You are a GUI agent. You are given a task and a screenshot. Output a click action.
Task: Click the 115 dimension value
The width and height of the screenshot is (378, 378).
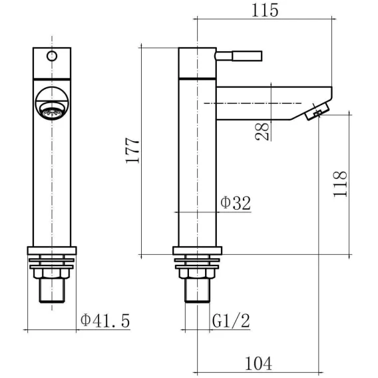click(x=265, y=11)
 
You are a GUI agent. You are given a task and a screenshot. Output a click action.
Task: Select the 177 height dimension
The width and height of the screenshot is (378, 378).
click(x=132, y=150)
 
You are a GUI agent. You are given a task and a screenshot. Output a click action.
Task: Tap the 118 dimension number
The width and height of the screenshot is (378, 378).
click(x=340, y=184)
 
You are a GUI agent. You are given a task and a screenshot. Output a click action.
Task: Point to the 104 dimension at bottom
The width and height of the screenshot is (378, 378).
click(x=258, y=363)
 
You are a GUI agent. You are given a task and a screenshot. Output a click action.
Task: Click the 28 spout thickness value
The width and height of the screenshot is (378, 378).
click(x=262, y=131)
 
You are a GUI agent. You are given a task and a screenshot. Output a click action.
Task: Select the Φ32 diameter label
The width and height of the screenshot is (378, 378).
click(x=236, y=203)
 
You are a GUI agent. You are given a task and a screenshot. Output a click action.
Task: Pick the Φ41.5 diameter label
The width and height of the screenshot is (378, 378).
click(x=105, y=321)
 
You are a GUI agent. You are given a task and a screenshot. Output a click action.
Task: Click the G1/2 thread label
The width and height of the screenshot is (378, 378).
click(x=231, y=321)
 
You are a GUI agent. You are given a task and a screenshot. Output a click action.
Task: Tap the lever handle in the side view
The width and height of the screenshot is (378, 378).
click(x=238, y=56)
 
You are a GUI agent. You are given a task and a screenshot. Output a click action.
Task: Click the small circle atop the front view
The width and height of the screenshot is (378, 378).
click(x=52, y=56)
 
